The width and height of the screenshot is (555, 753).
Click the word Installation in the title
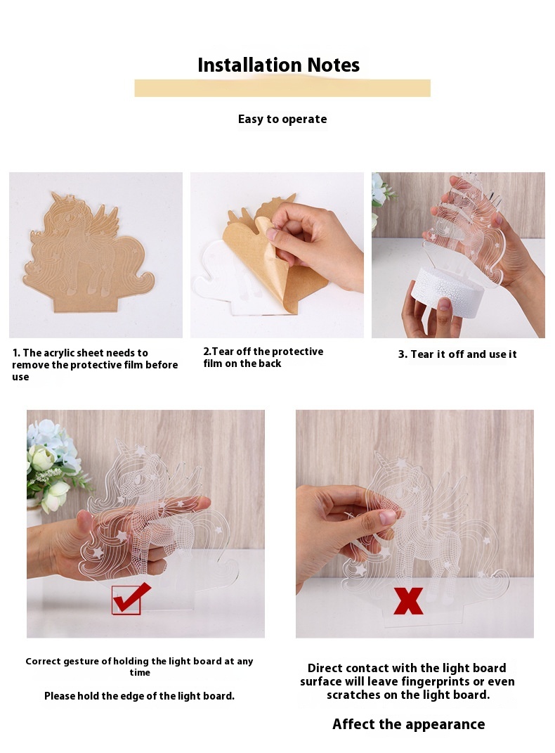point(249,65)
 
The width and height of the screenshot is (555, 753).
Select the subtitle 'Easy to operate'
point(282,119)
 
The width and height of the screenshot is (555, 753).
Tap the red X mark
point(408,600)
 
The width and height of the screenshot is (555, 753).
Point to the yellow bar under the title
point(282,89)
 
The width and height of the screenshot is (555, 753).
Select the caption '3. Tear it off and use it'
point(457,354)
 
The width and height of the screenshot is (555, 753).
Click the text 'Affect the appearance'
point(408,724)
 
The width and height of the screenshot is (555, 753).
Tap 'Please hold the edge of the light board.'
point(139,696)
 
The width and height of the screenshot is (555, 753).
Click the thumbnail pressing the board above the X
point(387,517)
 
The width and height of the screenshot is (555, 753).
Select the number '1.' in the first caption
point(16,353)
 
